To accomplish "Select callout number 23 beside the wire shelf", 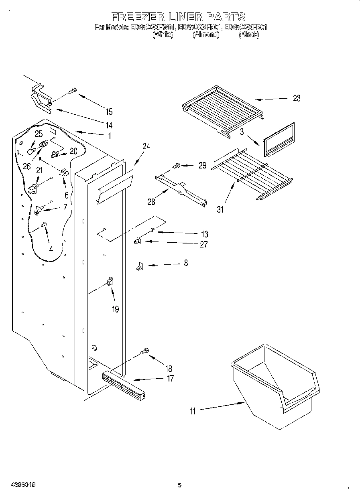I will [x=296, y=98].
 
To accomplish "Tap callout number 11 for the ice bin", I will [x=193, y=411].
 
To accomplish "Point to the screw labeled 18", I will [x=145, y=352].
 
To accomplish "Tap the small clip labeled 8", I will [x=139, y=266].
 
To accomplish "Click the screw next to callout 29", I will [x=176, y=166].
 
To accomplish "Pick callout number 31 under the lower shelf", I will [x=220, y=209].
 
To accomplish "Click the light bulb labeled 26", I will [x=31, y=151].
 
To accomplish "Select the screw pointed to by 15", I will [x=72, y=91].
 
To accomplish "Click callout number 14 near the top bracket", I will [x=109, y=124].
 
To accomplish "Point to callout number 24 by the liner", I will [x=146, y=146].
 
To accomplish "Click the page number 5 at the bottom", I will [x=179, y=485].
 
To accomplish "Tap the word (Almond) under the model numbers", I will [x=206, y=35].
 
